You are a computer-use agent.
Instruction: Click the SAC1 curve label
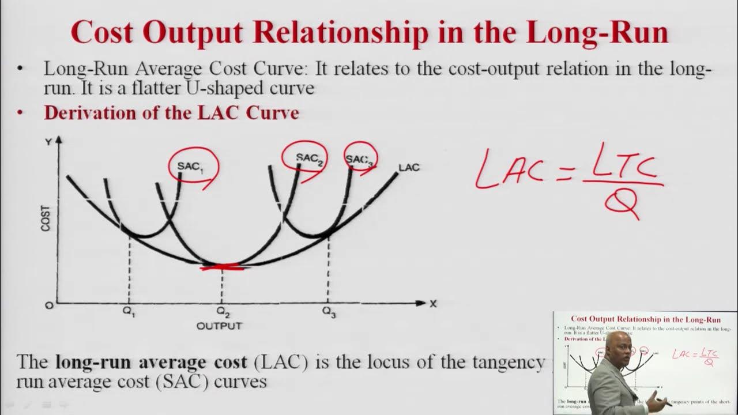click(x=190, y=166)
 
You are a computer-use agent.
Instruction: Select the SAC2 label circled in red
click(x=309, y=157)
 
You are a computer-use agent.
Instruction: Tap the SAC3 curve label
click(x=359, y=160)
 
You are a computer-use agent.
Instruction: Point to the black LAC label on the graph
click(x=409, y=168)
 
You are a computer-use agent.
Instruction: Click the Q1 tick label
click(x=129, y=313)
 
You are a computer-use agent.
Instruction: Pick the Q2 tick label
click(x=223, y=313)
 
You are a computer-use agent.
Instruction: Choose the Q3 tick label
click(x=329, y=313)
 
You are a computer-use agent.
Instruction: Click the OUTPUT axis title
click(x=220, y=326)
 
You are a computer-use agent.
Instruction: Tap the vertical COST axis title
click(x=46, y=218)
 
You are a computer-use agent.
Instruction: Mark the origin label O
click(x=50, y=305)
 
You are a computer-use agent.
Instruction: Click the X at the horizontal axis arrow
click(x=433, y=304)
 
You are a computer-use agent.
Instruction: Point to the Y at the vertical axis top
click(x=48, y=142)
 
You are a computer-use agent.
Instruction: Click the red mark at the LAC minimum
click(x=223, y=266)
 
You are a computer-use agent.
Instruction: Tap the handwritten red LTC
click(x=625, y=164)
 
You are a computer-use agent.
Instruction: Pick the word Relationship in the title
click(x=341, y=32)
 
